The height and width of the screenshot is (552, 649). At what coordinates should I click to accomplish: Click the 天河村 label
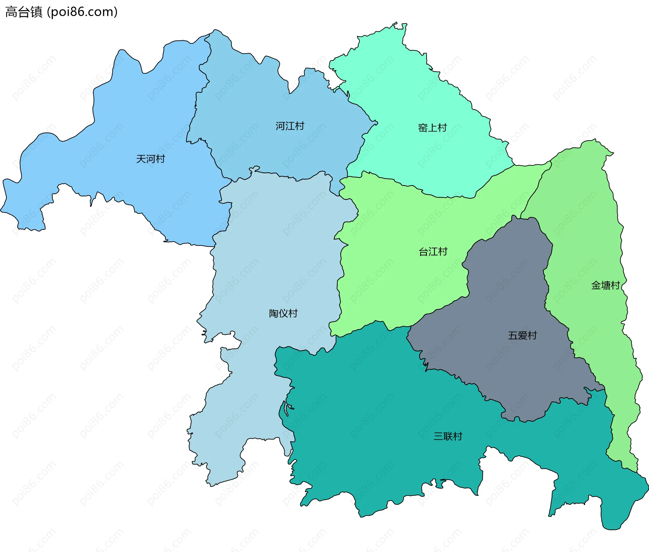click(x=150, y=159)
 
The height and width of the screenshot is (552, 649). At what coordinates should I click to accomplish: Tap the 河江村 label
click(x=290, y=126)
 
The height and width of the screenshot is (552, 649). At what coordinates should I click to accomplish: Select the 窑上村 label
click(x=432, y=128)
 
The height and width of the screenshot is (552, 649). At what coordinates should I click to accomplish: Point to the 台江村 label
click(x=433, y=252)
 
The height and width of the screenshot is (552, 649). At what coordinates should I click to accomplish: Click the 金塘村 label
click(x=605, y=285)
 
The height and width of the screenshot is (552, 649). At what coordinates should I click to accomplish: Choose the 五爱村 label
click(x=522, y=335)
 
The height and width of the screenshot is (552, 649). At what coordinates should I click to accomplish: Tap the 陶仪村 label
click(x=283, y=313)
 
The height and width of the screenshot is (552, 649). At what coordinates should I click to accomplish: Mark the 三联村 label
click(x=448, y=436)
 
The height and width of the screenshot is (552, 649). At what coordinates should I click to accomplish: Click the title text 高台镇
click(x=24, y=12)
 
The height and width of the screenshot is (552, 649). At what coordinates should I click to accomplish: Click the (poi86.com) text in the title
click(x=82, y=12)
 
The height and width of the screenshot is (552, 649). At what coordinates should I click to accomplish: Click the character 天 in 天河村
click(x=141, y=159)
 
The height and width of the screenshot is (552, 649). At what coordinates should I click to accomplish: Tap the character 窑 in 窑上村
click(x=423, y=128)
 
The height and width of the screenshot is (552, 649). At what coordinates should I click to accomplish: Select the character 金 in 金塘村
click(x=596, y=285)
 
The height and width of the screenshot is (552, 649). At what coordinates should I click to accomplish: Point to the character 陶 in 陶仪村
click(x=274, y=313)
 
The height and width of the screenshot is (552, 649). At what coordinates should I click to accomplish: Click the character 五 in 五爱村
click(x=513, y=335)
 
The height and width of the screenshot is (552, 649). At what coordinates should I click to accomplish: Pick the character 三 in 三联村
click(x=438, y=436)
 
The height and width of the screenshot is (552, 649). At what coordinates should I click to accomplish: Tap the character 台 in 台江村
click(x=424, y=252)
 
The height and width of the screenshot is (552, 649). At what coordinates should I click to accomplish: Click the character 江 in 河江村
click(x=290, y=126)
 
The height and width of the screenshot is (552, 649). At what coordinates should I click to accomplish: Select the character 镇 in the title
click(x=36, y=12)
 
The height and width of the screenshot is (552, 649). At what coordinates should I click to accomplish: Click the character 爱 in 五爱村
click(x=522, y=335)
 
